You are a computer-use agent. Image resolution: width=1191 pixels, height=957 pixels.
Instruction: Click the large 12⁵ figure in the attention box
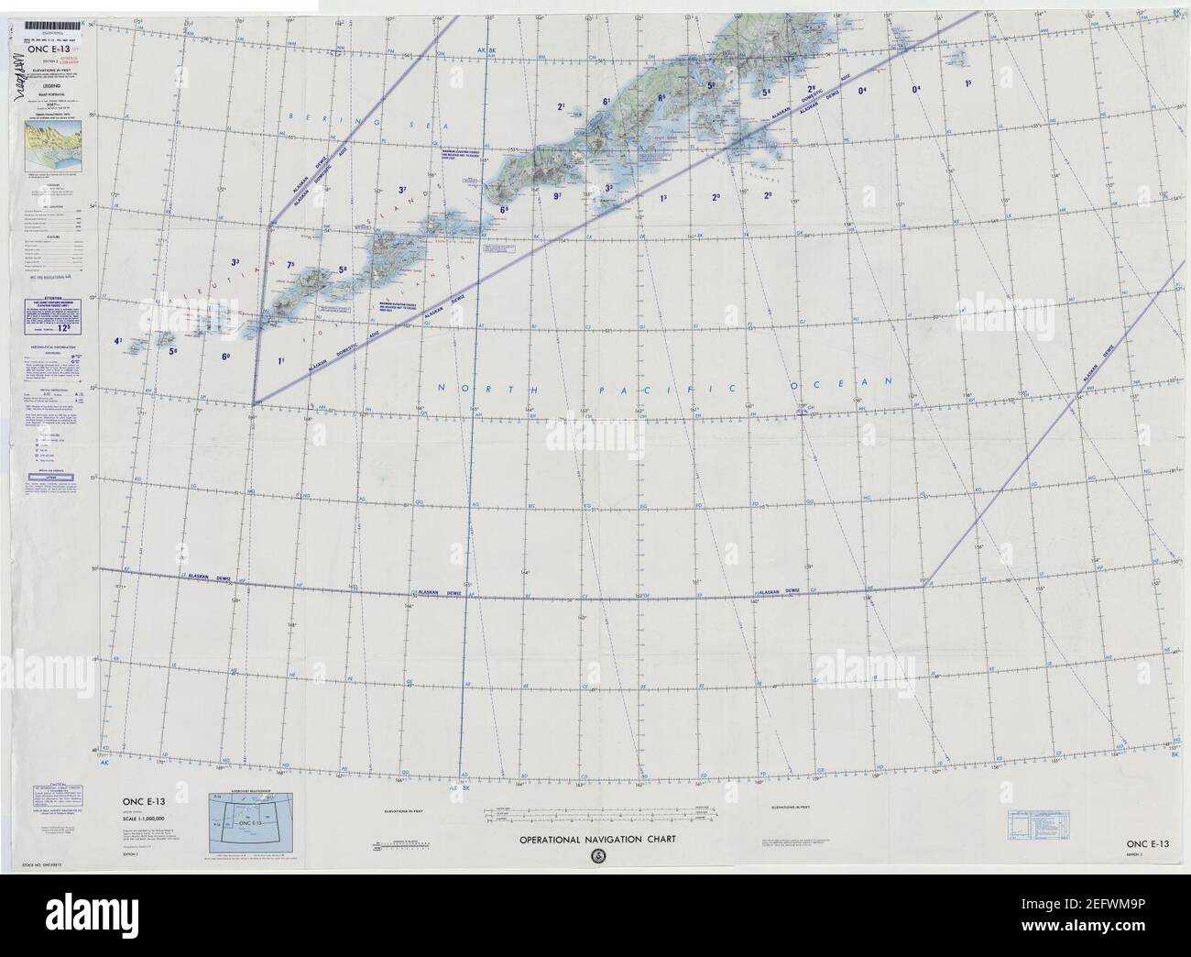point(65,324)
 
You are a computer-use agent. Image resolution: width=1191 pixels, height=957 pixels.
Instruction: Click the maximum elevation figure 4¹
point(118,342)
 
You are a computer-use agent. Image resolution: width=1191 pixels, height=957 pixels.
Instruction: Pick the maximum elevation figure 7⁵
point(292,266)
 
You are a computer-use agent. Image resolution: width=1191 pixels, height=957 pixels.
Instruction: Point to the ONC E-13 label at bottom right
point(1146,842)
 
